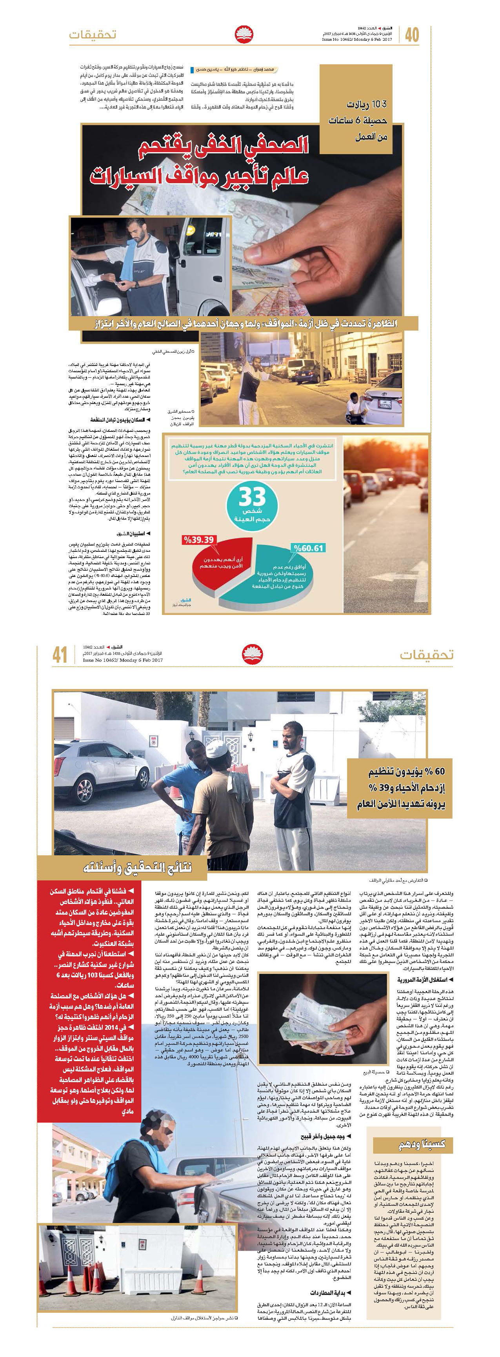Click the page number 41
60,654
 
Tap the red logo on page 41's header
252,654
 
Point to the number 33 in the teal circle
252,497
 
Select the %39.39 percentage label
199,540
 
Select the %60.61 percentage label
308,548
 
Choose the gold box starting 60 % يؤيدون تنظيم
400,788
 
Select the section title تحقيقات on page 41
426,654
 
